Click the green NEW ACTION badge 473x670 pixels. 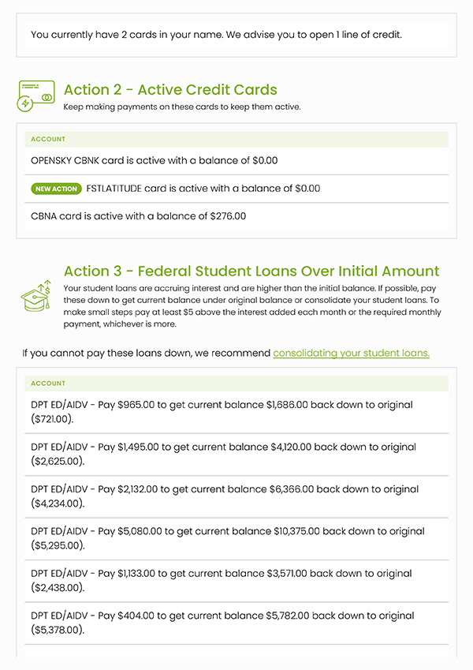(56, 189)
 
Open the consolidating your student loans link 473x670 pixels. (351, 353)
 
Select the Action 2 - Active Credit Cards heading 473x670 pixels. (170, 90)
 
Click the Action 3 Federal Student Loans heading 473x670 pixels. (251, 271)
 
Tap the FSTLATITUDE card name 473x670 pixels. (115, 189)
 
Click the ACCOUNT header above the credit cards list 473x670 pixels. (48, 140)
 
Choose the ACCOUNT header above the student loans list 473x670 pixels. (48, 384)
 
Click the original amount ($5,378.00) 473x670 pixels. (58, 630)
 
